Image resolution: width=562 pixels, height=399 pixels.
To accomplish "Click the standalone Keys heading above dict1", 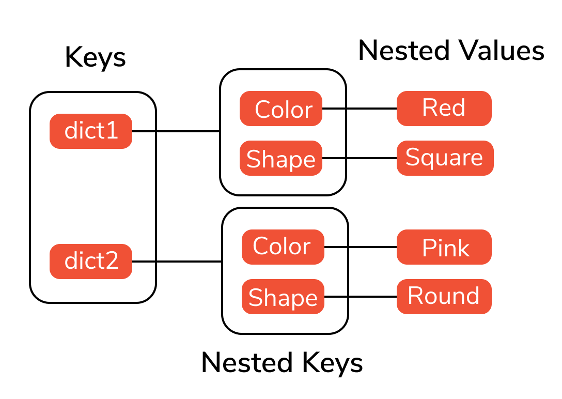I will [95, 58].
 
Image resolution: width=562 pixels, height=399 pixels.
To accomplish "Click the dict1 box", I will [91, 131].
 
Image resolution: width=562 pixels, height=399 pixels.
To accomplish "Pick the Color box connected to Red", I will [281, 109].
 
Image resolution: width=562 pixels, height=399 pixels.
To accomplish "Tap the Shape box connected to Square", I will [281, 158].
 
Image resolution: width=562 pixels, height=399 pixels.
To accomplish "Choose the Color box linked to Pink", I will [283, 247].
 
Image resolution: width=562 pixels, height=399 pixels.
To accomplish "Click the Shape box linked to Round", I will [283, 297].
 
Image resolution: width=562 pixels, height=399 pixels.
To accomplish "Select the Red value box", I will [444, 109].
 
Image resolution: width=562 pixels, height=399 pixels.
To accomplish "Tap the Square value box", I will [445, 158].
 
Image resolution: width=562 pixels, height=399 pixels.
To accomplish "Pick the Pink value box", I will [444, 247].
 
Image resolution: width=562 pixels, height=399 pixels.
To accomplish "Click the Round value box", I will [444, 297].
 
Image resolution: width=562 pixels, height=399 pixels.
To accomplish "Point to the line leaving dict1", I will [176, 131].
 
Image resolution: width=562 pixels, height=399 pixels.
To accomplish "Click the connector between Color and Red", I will [360, 109].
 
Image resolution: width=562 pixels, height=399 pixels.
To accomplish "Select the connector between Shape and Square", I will [360, 158].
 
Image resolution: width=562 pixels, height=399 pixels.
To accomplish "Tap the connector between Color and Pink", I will [361, 247].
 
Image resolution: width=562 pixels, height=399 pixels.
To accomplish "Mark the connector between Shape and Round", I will [361, 297].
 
